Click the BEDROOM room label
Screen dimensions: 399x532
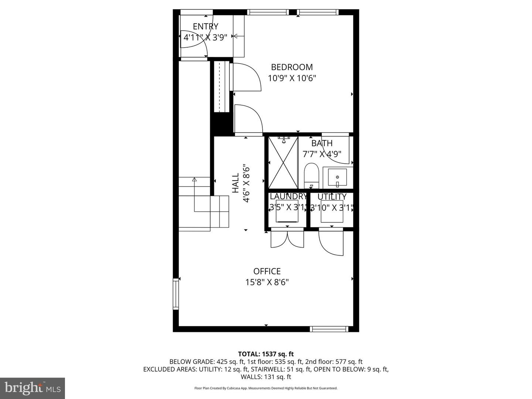[292, 67]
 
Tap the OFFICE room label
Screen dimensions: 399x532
[267, 272]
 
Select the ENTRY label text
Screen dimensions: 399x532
[205, 26]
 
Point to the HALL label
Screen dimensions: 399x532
[236, 184]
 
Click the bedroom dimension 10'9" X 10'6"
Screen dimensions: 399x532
[292, 78]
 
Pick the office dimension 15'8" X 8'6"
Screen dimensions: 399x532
[267, 283]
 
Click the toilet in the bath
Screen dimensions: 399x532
[311, 175]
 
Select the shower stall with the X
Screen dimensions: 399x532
[283, 163]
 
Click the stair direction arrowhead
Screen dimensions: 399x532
[194, 180]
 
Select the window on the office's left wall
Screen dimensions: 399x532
[175, 294]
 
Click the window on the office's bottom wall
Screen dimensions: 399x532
[328, 329]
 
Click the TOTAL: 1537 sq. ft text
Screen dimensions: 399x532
[266, 354]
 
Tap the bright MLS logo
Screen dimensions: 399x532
[32, 388]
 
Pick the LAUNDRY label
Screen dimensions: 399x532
[288, 197]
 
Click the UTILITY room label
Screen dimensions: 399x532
[332, 197]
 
